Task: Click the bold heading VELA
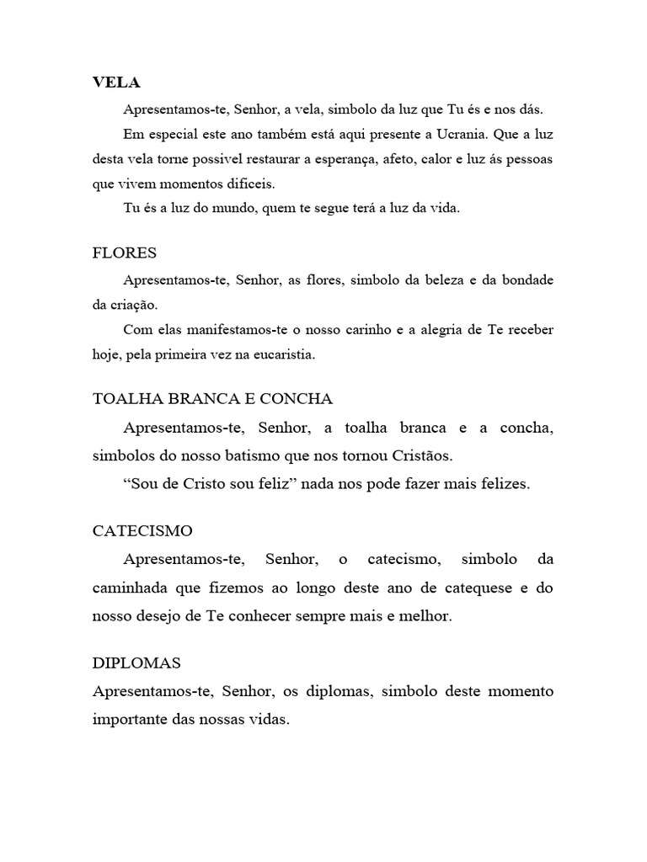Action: pos(116,82)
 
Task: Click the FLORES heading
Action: pos(124,253)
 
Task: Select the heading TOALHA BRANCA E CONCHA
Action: pos(212,398)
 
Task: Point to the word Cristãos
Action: pos(422,456)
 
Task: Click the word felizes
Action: pos(500,485)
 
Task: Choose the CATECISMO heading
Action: pos(142,531)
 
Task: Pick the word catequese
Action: pos(470,588)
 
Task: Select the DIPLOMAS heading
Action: pos(136,662)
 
